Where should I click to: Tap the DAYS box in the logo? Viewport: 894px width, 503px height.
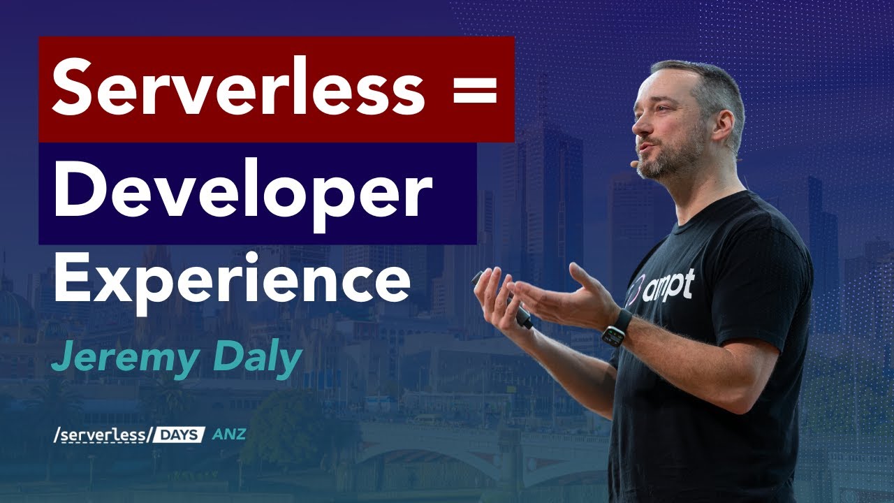(x=177, y=435)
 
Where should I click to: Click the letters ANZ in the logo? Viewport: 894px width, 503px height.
(x=228, y=435)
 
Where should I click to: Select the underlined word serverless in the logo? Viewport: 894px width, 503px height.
(x=101, y=435)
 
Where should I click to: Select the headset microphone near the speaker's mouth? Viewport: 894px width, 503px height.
(x=634, y=164)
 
